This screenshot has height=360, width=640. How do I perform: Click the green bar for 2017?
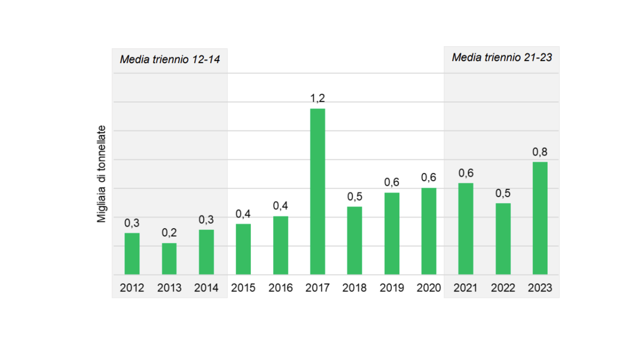(x=317, y=192)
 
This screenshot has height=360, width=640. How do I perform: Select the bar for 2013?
(x=169, y=259)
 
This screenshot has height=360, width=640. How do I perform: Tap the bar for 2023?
(x=540, y=218)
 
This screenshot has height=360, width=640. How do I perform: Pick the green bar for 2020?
(x=429, y=231)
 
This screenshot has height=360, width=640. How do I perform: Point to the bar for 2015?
(x=243, y=249)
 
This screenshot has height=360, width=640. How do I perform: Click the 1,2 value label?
(x=317, y=98)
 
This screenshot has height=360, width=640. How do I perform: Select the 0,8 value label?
(x=540, y=152)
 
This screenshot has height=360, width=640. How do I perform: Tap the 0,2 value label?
(x=169, y=233)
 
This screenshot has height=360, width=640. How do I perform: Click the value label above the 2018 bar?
(x=355, y=197)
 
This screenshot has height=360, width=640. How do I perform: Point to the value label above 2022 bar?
(x=503, y=193)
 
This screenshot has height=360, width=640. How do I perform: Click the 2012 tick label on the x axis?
(x=132, y=288)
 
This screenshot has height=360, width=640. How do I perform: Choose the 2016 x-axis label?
(x=280, y=288)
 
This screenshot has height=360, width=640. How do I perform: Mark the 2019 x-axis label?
(x=392, y=288)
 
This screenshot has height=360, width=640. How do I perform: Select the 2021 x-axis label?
(x=465, y=288)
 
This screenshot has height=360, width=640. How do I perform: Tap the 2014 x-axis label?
(x=206, y=288)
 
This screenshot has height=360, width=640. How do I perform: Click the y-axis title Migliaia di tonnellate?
(x=101, y=174)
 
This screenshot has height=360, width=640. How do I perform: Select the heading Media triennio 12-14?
(x=170, y=60)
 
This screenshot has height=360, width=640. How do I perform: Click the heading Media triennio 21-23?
(x=502, y=58)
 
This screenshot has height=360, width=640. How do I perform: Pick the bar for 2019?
(x=392, y=234)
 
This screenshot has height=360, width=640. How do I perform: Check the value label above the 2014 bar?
(x=206, y=220)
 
